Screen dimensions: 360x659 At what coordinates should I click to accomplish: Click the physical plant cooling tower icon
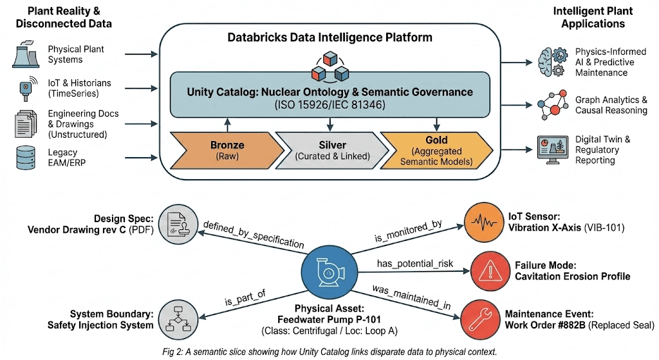[x=26, y=55]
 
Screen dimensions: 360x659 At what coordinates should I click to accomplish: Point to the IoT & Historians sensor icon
[x=26, y=88]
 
